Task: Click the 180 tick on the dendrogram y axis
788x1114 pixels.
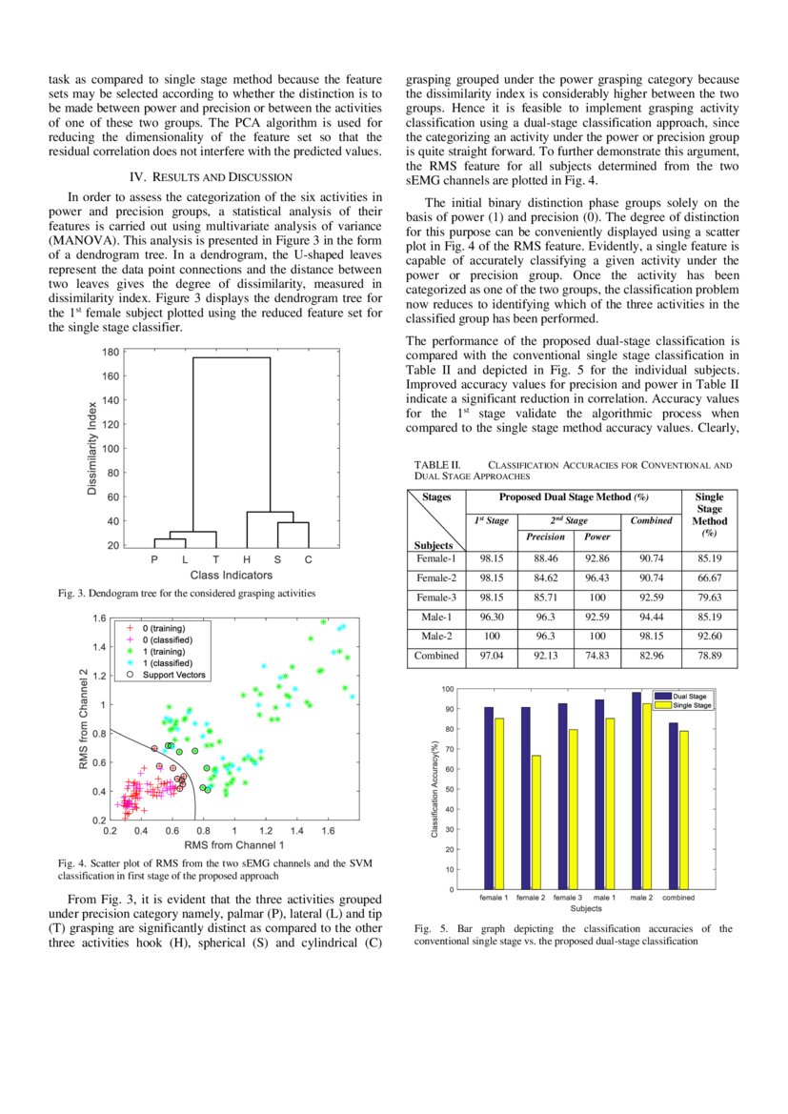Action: [x=111, y=352]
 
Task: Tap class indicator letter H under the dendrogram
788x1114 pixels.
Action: [x=246, y=560]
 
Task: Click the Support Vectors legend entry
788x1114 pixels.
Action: [x=172, y=675]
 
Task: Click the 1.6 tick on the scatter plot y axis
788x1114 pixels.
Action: [x=99, y=618]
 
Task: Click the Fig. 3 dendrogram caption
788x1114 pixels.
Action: [x=187, y=594]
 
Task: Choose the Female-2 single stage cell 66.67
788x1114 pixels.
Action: [x=709, y=578]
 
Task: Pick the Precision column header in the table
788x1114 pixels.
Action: [x=545, y=537]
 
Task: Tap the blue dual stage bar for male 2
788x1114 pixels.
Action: [x=636, y=791]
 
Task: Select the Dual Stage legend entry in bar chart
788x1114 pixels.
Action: [x=695, y=697]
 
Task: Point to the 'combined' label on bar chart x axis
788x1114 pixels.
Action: [x=677, y=898]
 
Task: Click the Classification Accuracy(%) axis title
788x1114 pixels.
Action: [x=434, y=790]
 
